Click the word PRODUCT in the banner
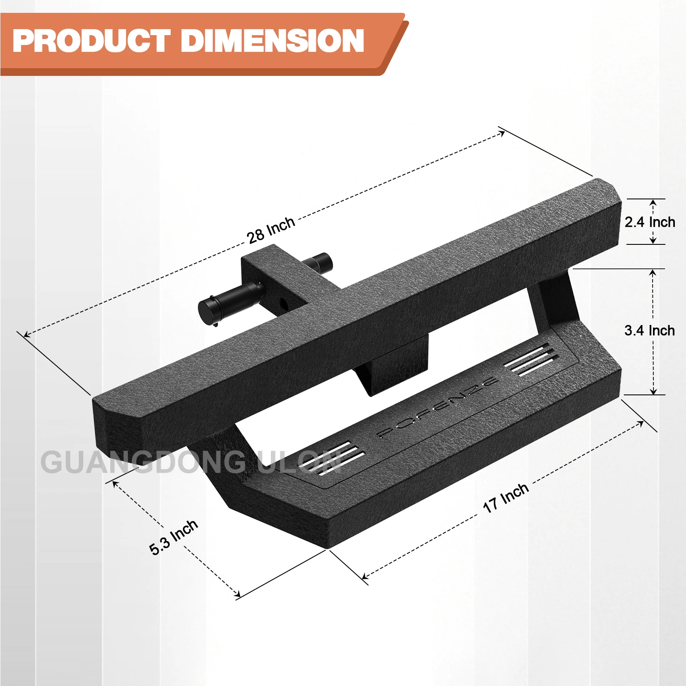coord(91,41)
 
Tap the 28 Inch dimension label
coord(271,230)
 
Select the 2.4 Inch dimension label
coord(649,222)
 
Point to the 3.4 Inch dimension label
coord(649,331)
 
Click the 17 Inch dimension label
coord(505,498)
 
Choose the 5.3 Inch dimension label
coord(173,537)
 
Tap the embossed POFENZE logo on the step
coord(437,408)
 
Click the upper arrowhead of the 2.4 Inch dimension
coord(653,202)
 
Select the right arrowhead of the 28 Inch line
coord(502,134)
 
